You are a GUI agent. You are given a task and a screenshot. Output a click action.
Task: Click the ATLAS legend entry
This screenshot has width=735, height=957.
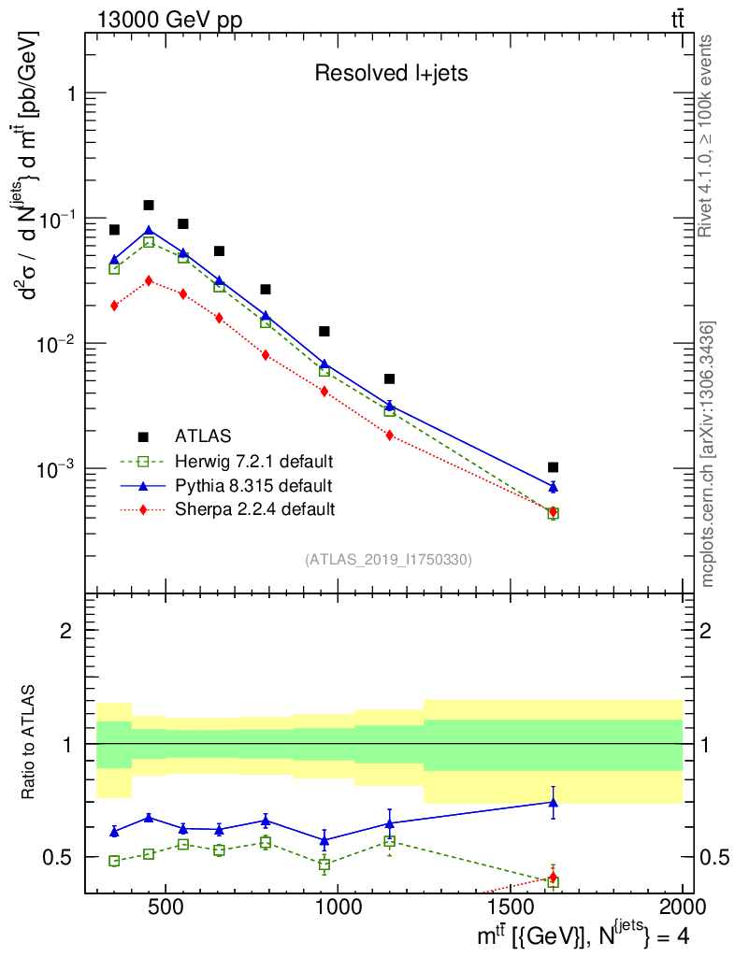203,436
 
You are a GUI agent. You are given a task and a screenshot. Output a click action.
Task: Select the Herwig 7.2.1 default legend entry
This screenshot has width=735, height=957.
253,461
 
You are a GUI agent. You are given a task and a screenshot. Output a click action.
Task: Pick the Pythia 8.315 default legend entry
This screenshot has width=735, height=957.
252,485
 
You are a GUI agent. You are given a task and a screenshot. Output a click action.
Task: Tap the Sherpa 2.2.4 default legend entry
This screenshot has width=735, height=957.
254,509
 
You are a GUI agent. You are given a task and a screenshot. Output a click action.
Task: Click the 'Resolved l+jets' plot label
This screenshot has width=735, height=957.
391,74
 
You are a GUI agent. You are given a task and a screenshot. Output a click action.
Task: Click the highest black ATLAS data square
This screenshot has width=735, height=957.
149,206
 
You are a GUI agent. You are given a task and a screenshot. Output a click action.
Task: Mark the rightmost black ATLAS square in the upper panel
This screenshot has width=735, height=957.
553,467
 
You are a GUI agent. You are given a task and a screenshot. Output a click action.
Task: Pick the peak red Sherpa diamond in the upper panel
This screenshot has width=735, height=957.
149,280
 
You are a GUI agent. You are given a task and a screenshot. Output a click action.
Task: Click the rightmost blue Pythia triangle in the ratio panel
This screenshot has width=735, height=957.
553,802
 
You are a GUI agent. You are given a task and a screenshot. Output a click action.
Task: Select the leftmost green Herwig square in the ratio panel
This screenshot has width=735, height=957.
114,861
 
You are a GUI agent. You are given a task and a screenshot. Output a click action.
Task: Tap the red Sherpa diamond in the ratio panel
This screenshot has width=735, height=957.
553,877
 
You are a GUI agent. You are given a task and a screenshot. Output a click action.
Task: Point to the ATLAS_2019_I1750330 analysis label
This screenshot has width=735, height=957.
388,560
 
